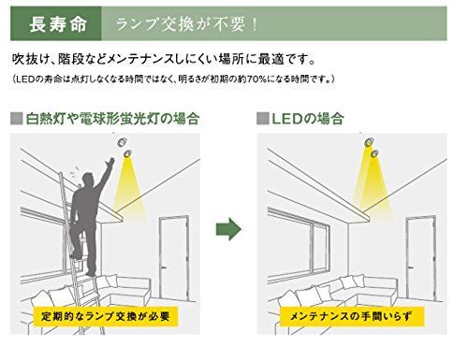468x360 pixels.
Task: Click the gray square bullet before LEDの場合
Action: (x=262, y=120)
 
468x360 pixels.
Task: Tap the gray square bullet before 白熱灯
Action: (x=15, y=120)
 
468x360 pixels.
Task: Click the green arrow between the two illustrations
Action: (x=229, y=229)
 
